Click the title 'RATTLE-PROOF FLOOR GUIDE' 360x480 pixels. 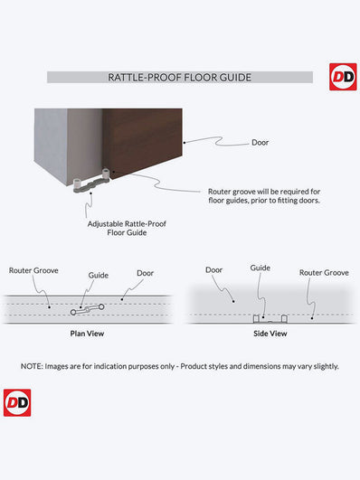pyautogui.click(x=179, y=78)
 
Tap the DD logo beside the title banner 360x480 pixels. pyautogui.click(x=343, y=77)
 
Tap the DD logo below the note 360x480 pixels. pyautogui.click(x=17, y=403)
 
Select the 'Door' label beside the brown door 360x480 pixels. pyautogui.click(x=261, y=142)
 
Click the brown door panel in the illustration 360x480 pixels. pyautogui.click(x=143, y=141)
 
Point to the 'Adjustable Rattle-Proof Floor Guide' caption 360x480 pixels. pyautogui.click(x=127, y=228)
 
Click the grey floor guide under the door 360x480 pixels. pyautogui.click(x=91, y=183)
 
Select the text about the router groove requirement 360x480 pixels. pyautogui.click(x=264, y=196)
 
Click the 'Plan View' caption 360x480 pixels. pyautogui.click(x=87, y=334)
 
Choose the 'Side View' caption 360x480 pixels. pyautogui.click(x=270, y=334)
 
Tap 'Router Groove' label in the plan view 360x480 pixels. pyautogui.click(x=33, y=270)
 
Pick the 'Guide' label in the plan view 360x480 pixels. pyautogui.click(x=99, y=275)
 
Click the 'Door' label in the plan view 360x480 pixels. pyautogui.click(x=146, y=273)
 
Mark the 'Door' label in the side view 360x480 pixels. pyautogui.click(x=213, y=270)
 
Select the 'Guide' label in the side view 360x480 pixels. pyautogui.click(x=261, y=268)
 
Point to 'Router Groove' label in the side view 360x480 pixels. pyautogui.click(x=324, y=272)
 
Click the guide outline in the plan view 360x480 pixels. pyautogui.click(x=88, y=309)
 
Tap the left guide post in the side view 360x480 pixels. pyautogui.click(x=256, y=319)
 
